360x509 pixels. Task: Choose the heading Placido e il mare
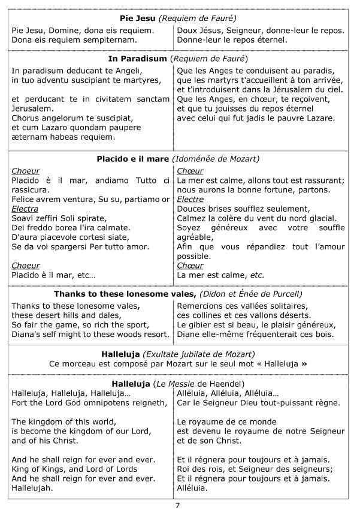pos(132,159)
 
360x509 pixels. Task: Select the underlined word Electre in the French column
pos(191,199)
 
